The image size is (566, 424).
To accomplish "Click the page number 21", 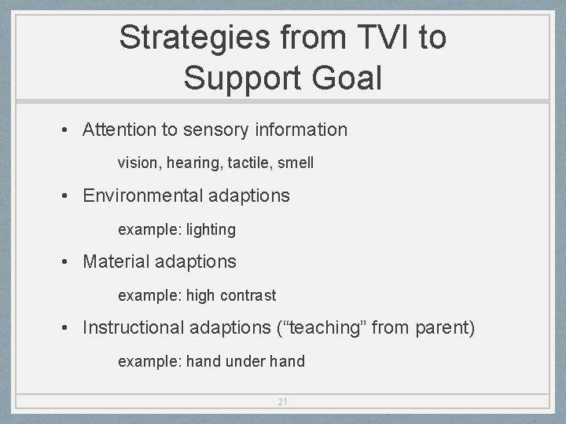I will coord(283,402).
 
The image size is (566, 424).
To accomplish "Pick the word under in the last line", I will coord(246,361).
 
